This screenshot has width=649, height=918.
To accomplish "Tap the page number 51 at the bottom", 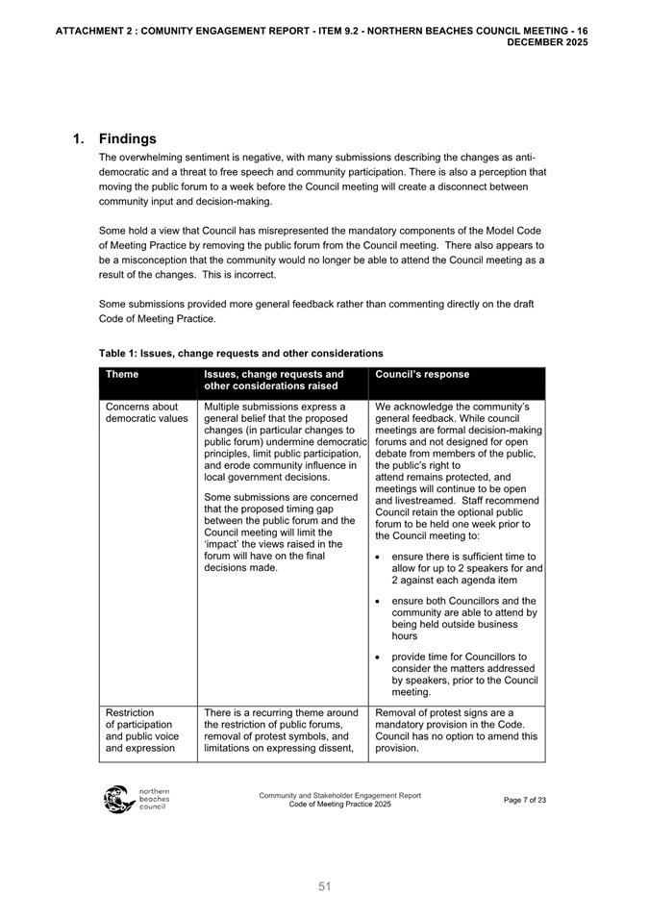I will coord(325,886).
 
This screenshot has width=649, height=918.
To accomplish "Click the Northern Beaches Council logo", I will coord(136,800).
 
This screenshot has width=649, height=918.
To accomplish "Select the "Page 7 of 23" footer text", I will coord(524,800).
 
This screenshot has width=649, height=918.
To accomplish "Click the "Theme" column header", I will coord(122,375).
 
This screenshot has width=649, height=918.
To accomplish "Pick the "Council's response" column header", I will coord(422,375).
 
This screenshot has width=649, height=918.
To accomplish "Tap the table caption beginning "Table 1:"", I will coord(240,354).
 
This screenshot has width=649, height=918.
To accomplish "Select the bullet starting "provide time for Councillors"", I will coord(465,674).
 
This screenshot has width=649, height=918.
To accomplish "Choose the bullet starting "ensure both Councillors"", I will coord(467,617).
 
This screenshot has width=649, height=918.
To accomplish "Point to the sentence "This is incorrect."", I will coord(234,275).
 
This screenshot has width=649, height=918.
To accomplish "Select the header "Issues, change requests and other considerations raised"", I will coord(274,381).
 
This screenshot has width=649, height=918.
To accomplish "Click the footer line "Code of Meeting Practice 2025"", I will coord(339,805).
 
